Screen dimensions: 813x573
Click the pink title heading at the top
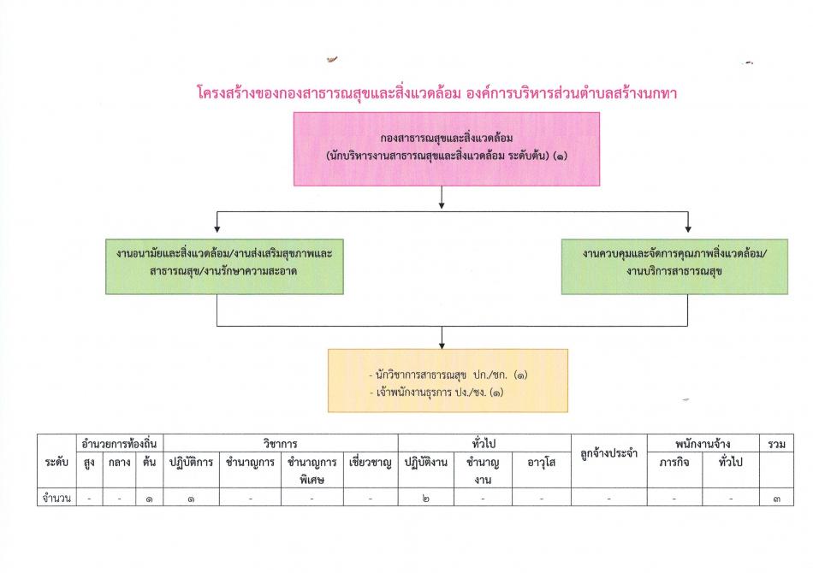click(436, 93)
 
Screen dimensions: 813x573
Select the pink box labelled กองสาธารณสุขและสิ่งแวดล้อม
click(447, 149)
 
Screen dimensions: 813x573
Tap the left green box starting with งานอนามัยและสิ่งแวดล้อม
click(224, 267)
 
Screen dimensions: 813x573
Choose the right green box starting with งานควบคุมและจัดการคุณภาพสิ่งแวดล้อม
click(674, 267)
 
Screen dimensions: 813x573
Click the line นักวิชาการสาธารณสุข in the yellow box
click(448, 375)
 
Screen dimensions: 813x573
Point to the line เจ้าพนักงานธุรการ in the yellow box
click(436, 393)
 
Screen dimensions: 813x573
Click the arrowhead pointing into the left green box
click(217, 229)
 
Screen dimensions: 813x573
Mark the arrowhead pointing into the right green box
click(687, 229)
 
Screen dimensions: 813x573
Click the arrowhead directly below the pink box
click(442, 205)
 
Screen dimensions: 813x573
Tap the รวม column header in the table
click(776, 444)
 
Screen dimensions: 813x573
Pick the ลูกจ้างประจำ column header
click(608, 454)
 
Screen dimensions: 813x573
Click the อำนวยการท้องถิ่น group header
click(119, 444)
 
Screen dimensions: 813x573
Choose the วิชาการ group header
click(280, 444)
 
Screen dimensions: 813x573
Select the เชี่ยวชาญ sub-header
click(371, 462)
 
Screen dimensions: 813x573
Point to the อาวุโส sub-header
click(542, 462)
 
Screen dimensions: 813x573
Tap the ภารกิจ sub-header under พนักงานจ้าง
click(674, 462)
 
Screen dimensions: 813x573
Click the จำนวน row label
click(56, 499)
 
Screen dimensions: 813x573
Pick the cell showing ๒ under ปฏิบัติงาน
click(425, 499)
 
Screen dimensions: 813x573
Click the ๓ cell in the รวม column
click(776, 499)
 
